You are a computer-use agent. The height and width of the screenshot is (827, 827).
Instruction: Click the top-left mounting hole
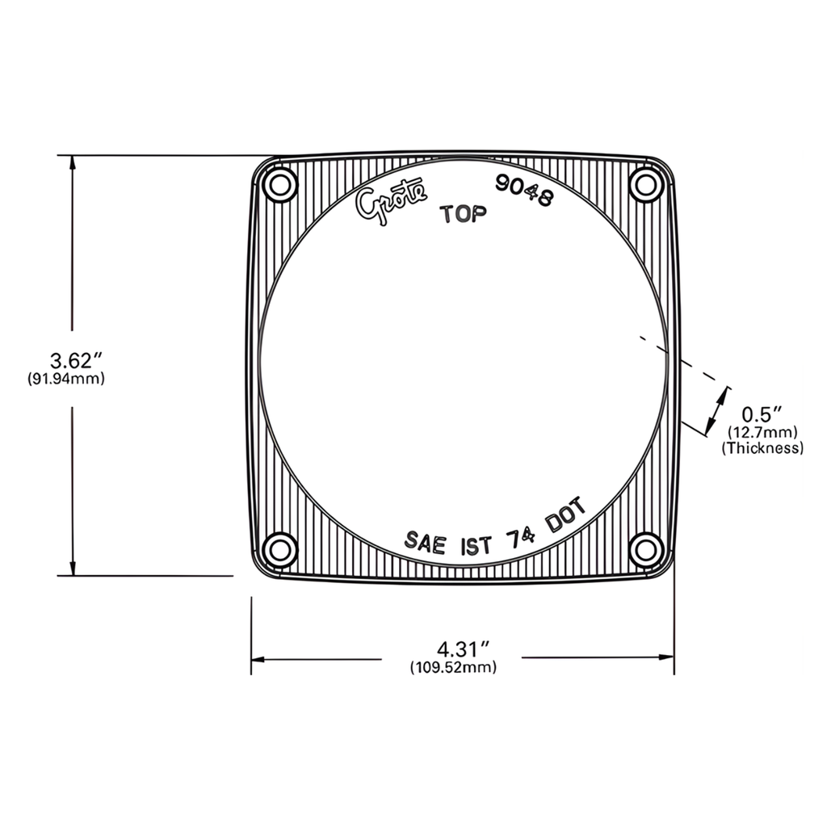coord(280,185)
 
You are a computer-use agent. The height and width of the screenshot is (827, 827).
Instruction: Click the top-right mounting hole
coord(646,185)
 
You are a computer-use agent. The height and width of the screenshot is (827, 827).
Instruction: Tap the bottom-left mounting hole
coord(280,550)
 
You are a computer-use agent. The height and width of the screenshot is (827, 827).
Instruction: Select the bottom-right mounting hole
coord(646,550)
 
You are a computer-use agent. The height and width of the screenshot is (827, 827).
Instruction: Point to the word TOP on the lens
coord(463,214)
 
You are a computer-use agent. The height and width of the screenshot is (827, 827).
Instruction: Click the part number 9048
coord(526,191)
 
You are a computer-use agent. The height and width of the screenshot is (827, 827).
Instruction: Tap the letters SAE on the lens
coord(426,541)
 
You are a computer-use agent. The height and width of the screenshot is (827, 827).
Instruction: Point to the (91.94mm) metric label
coord(66,378)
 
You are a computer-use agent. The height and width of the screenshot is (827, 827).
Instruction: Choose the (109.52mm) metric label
coord(453,667)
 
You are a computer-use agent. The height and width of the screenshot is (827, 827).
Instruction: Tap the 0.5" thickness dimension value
coord(762,414)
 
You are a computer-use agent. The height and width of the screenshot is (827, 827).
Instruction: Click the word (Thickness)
coord(762,447)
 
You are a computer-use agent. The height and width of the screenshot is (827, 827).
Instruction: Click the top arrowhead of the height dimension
coord(73,162)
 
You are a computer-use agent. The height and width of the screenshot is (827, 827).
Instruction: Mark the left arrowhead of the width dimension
coord(258,659)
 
